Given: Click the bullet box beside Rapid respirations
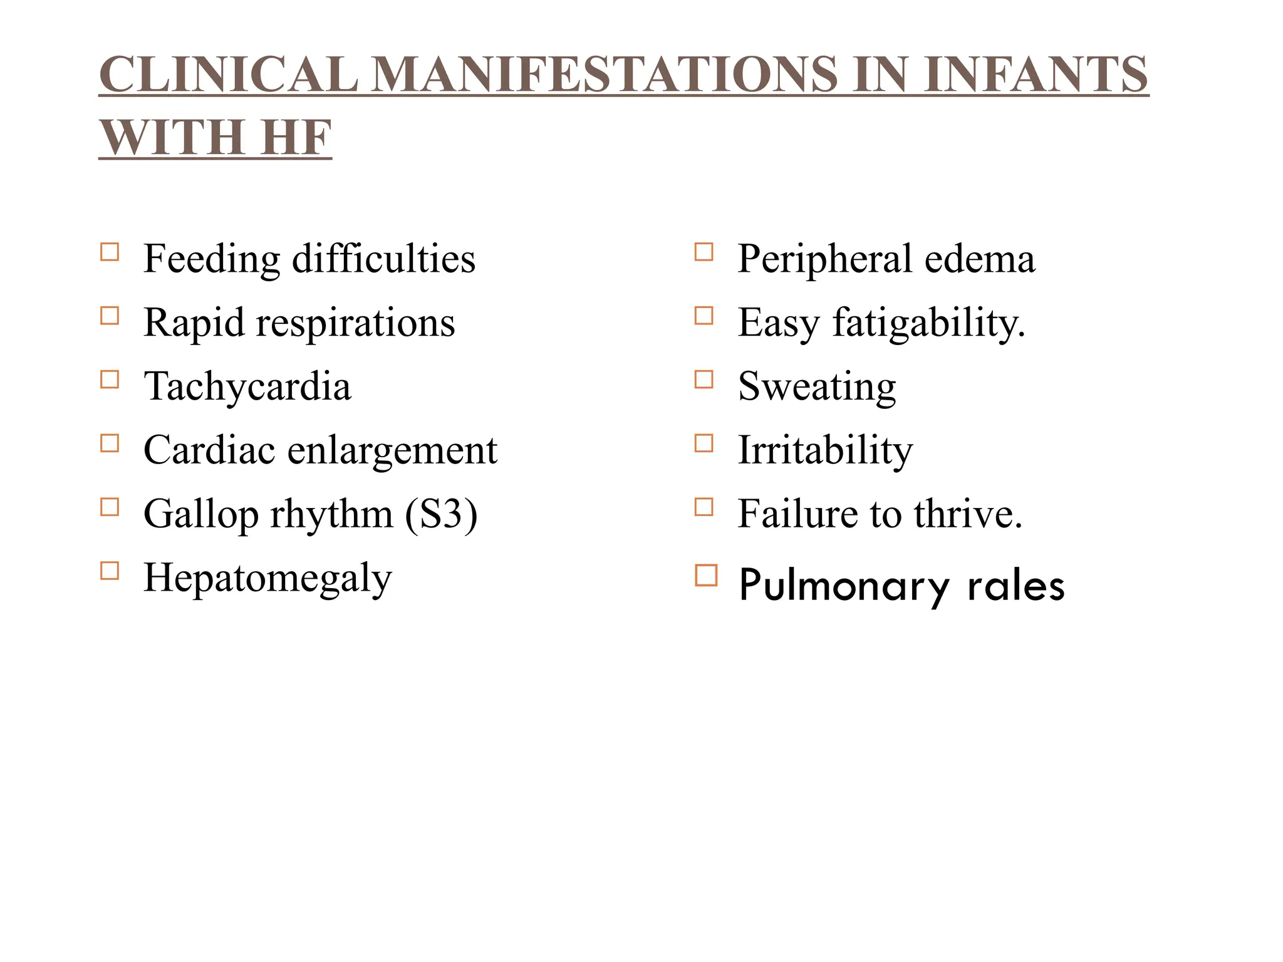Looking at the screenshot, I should (110, 316).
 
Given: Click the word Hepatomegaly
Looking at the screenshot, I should (268, 577).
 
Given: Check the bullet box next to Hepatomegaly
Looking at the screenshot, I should (110, 571).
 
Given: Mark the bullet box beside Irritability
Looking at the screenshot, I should (704, 443).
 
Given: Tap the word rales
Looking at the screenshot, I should (1015, 586).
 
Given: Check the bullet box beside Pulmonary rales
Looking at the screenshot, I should (706, 575).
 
